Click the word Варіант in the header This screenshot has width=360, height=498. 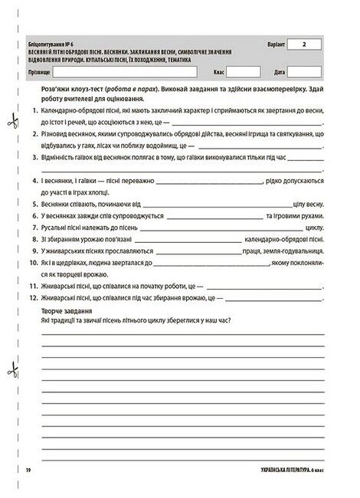(x=276, y=46)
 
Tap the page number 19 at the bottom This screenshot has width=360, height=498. (x=27, y=469)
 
